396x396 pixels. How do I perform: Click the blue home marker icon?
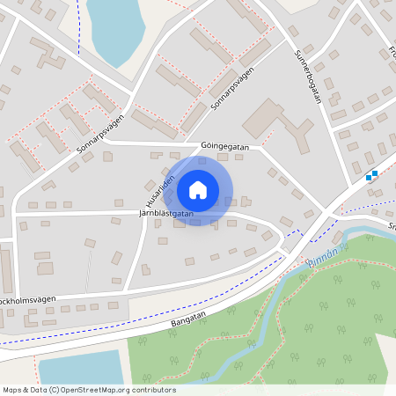click(x=198, y=190)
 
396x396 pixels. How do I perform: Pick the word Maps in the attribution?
click(x=12, y=389)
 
